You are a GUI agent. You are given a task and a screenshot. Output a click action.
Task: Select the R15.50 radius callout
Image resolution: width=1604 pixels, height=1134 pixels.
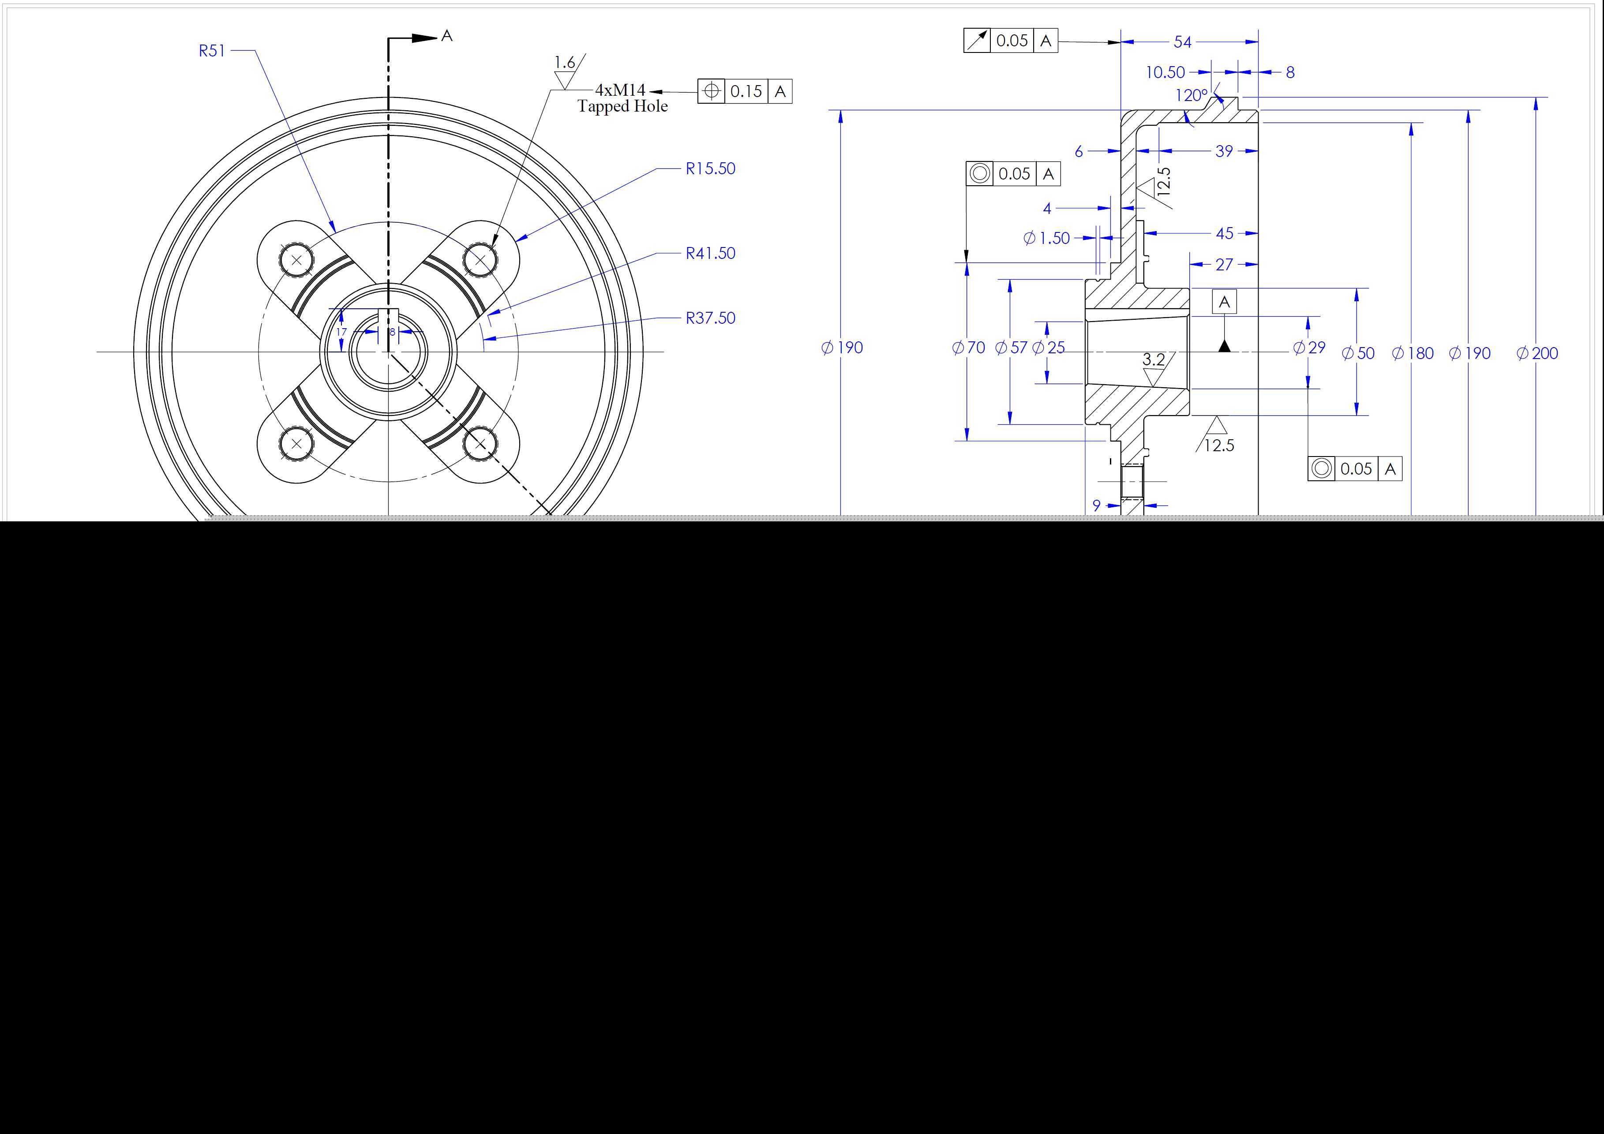711,168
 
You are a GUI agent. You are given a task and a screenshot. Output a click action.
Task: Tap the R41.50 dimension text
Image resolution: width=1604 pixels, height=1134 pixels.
711,253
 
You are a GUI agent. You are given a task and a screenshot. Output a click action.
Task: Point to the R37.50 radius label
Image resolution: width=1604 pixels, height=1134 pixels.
711,318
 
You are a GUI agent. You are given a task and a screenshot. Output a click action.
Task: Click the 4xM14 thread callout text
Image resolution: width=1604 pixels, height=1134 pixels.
620,90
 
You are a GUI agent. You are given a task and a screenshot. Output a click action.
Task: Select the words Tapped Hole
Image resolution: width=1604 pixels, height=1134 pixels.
622,106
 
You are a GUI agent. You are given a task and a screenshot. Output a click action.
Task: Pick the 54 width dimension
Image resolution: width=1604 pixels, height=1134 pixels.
1182,42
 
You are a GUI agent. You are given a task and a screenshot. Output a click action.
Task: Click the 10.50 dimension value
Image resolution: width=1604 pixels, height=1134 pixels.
1165,72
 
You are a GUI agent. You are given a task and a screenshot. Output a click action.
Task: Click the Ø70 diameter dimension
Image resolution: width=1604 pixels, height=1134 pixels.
968,347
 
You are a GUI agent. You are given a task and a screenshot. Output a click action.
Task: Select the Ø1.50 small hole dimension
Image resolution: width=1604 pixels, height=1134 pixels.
1046,238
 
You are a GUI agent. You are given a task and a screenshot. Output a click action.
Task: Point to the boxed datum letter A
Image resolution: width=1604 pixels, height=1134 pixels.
1224,302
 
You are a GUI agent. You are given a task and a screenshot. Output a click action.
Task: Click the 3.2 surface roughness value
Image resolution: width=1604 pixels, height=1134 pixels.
1154,359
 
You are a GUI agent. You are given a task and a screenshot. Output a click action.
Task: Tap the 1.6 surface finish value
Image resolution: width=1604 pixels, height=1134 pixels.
565,62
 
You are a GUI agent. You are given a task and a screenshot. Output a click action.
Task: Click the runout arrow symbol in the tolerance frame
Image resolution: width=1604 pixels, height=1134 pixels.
977,41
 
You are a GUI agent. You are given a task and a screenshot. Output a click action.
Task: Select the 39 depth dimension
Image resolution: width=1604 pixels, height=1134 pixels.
1224,151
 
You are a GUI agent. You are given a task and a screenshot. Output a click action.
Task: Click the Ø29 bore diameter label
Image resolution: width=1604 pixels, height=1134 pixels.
1309,347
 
